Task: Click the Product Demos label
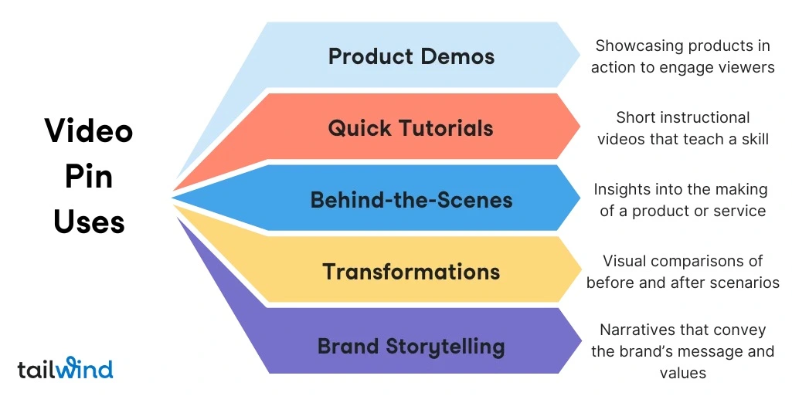coord(411,56)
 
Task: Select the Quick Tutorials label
coord(411,128)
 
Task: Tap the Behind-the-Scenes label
coord(411,200)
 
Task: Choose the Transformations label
coord(411,272)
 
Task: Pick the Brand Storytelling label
coord(411,345)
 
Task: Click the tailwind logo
coord(65,368)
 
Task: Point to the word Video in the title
coord(89,130)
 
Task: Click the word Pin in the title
coord(89,177)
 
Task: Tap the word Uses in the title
coord(89,222)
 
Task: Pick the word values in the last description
coord(682,374)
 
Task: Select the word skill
coord(753,139)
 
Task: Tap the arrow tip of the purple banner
coord(580,340)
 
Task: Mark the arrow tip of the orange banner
coord(580,126)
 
